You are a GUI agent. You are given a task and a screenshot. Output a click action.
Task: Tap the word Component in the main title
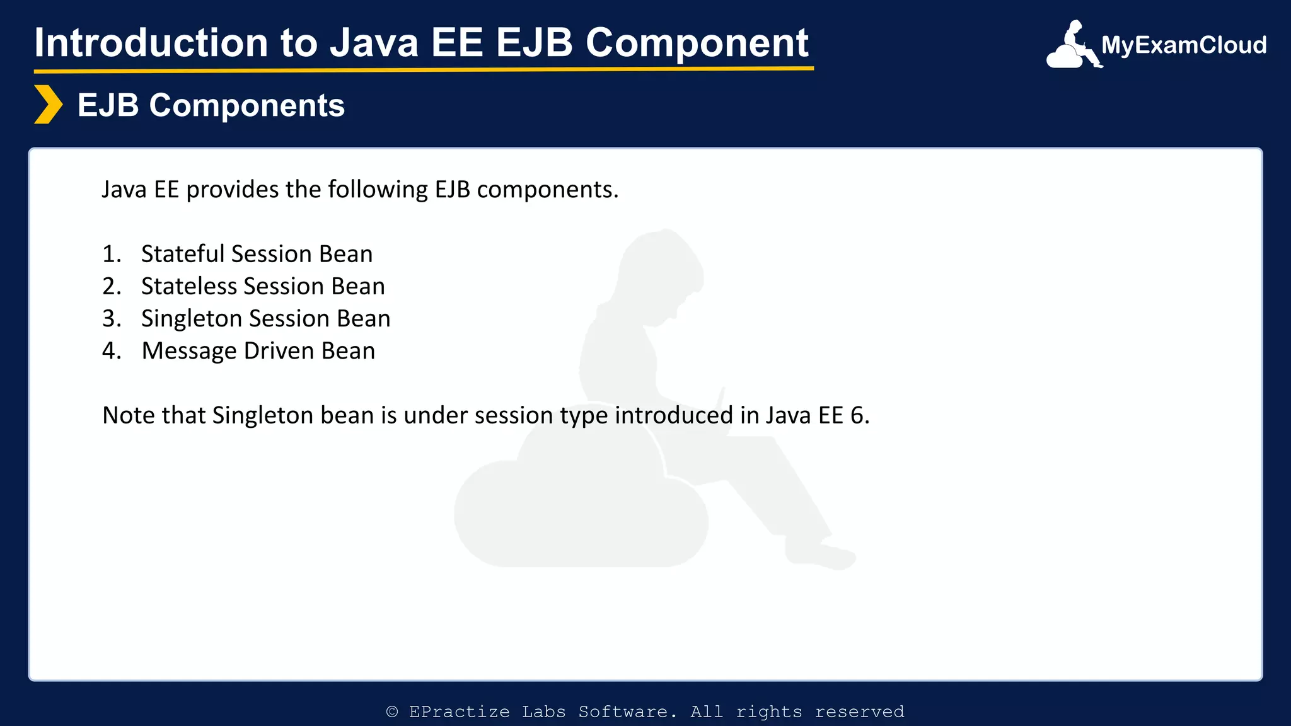[x=697, y=43]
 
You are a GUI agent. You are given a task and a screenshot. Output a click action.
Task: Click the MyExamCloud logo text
[x=1184, y=45]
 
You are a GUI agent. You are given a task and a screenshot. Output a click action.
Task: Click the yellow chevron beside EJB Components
[x=48, y=105]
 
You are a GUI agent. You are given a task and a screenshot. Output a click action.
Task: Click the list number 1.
[x=111, y=254]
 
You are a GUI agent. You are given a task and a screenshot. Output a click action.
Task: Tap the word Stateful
[x=183, y=254]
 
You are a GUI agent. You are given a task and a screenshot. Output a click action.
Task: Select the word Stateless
[x=189, y=287]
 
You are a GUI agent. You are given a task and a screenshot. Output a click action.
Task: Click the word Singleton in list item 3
[x=192, y=319]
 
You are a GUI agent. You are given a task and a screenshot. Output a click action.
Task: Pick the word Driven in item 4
[x=279, y=351]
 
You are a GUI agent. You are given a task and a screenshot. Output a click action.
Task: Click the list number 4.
[x=111, y=351]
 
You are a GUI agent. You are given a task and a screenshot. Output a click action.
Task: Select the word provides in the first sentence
[x=232, y=190]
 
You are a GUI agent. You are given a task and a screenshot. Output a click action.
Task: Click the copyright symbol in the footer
[x=392, y=712]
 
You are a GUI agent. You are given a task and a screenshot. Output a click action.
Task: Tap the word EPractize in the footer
[x=459, y=712]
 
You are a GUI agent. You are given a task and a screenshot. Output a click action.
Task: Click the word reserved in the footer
[x=859, y=712]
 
